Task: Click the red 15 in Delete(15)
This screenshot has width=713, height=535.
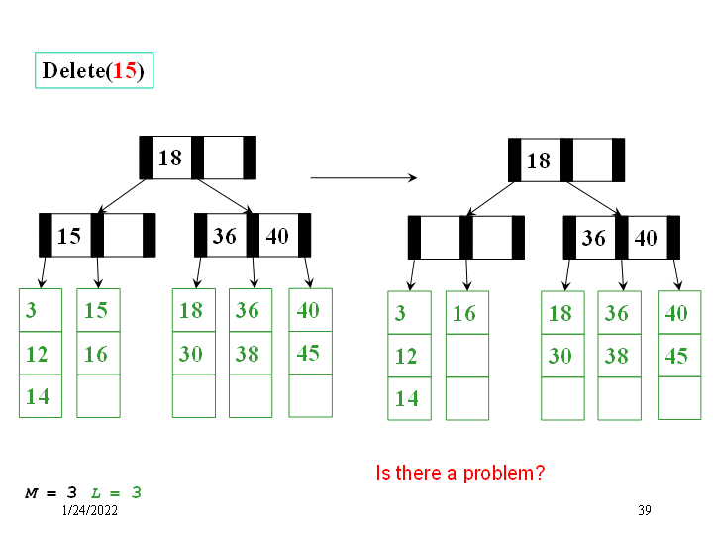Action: [125, 71]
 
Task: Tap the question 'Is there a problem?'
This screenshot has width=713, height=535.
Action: [460, 473]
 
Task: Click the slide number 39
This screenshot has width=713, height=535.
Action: [645, 510]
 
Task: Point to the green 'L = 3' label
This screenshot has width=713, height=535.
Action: [116, 492]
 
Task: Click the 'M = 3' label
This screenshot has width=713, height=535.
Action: [51, 492]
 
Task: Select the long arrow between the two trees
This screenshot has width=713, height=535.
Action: [362, 178]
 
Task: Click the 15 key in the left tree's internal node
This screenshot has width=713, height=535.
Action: [69, 236]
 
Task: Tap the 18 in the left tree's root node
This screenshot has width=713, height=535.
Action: [170, 158]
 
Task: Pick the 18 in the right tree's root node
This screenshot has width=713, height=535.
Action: [539, 160]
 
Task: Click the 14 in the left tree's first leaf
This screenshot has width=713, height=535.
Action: [37, 396]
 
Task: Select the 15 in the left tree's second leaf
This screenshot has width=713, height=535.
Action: [96, 310]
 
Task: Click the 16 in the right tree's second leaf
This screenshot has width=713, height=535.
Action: [464, 314]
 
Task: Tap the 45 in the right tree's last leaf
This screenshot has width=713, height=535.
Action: [676, 356]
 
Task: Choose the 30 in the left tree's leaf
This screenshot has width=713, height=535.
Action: [191, 354]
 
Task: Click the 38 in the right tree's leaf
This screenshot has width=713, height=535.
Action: [617, 356]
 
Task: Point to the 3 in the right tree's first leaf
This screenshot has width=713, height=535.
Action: [400, 314]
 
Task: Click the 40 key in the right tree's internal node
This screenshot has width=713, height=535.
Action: [646, 238]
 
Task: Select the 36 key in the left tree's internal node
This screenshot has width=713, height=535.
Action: [225, 236]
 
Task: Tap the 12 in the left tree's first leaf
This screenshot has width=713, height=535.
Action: [37, 354]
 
